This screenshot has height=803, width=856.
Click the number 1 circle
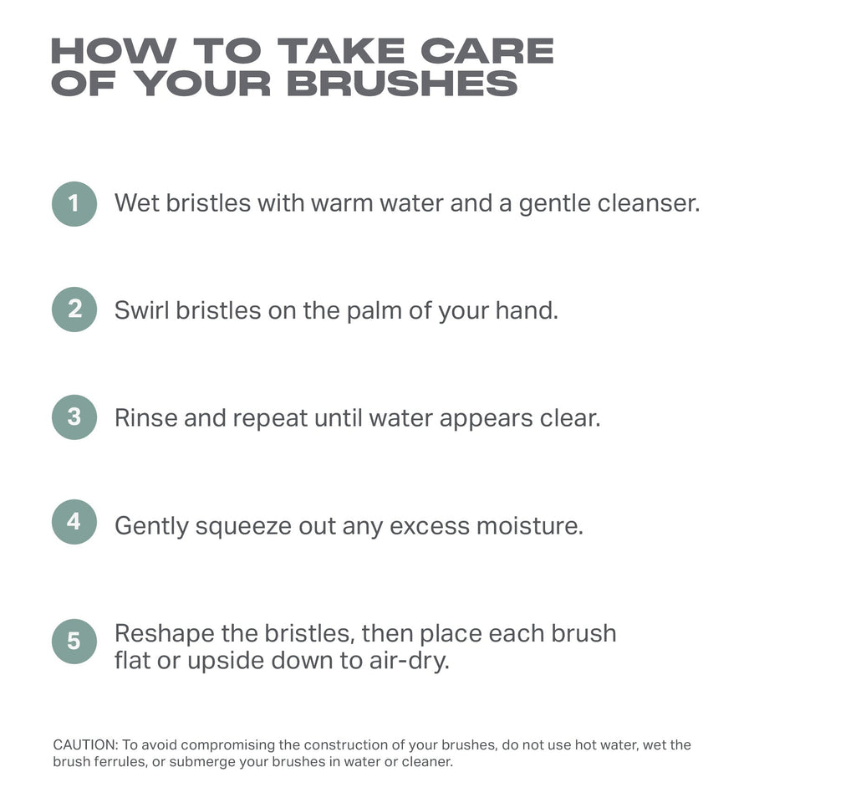74,204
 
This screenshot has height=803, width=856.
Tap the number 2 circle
74,309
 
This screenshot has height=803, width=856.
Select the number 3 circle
74,417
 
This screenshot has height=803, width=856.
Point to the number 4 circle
74,522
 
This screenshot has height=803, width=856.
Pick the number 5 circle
74,641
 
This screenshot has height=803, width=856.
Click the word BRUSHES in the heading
402,84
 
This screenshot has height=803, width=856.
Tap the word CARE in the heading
487,51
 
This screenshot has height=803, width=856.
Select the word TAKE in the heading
341,51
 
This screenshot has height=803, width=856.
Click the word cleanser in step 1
649,203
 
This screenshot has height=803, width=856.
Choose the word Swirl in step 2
142,310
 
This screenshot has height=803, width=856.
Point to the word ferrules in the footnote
120,761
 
